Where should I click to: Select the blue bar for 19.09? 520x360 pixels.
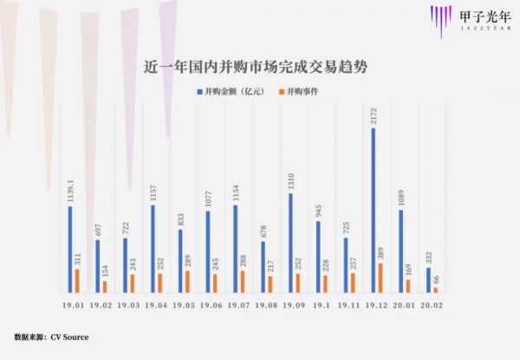pos(290,243)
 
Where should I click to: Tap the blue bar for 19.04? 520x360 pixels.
pos(153,248)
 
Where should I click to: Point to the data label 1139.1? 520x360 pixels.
pos(70,189)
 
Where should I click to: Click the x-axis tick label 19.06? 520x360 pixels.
pos(211,306)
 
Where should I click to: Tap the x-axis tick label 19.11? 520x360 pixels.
pos(348,306)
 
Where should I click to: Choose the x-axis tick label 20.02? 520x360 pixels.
pos(432,306)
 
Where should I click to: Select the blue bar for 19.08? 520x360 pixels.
pos(263,266)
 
